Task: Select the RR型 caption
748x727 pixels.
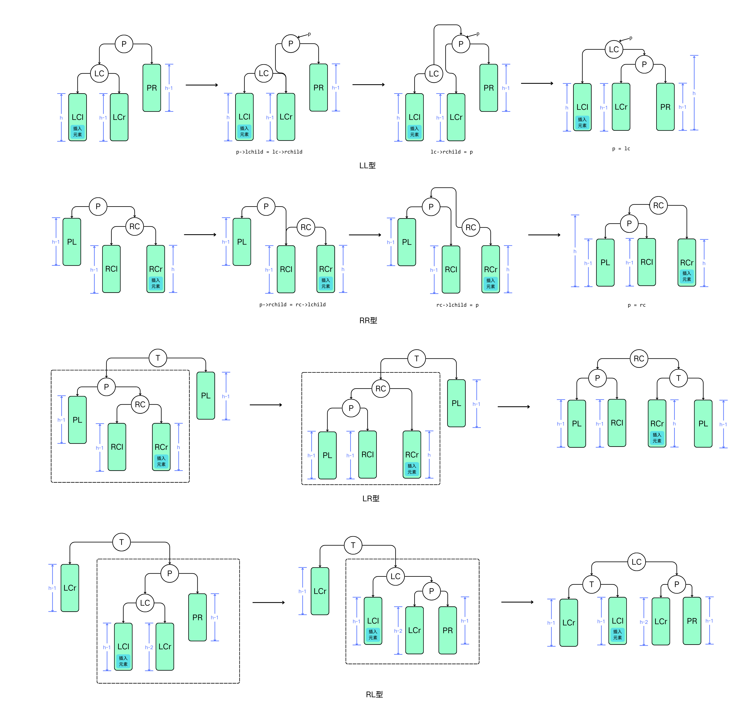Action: [368, 320]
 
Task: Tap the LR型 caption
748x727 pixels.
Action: [371, 498]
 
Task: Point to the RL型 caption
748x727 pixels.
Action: [374, 694]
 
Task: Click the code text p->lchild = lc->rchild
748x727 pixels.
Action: [269, 152]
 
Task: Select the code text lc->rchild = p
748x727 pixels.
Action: [451, 152]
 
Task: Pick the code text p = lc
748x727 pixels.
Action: [621, 149]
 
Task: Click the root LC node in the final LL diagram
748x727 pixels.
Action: [614, 49]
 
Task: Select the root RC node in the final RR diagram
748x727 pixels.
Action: [658, 205]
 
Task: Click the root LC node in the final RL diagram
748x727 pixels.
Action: [636, 562]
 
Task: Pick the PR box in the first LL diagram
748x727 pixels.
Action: [151, 88]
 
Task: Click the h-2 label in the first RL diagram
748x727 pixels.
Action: [149, 647]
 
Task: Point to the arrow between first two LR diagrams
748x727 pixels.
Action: [266, 405]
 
